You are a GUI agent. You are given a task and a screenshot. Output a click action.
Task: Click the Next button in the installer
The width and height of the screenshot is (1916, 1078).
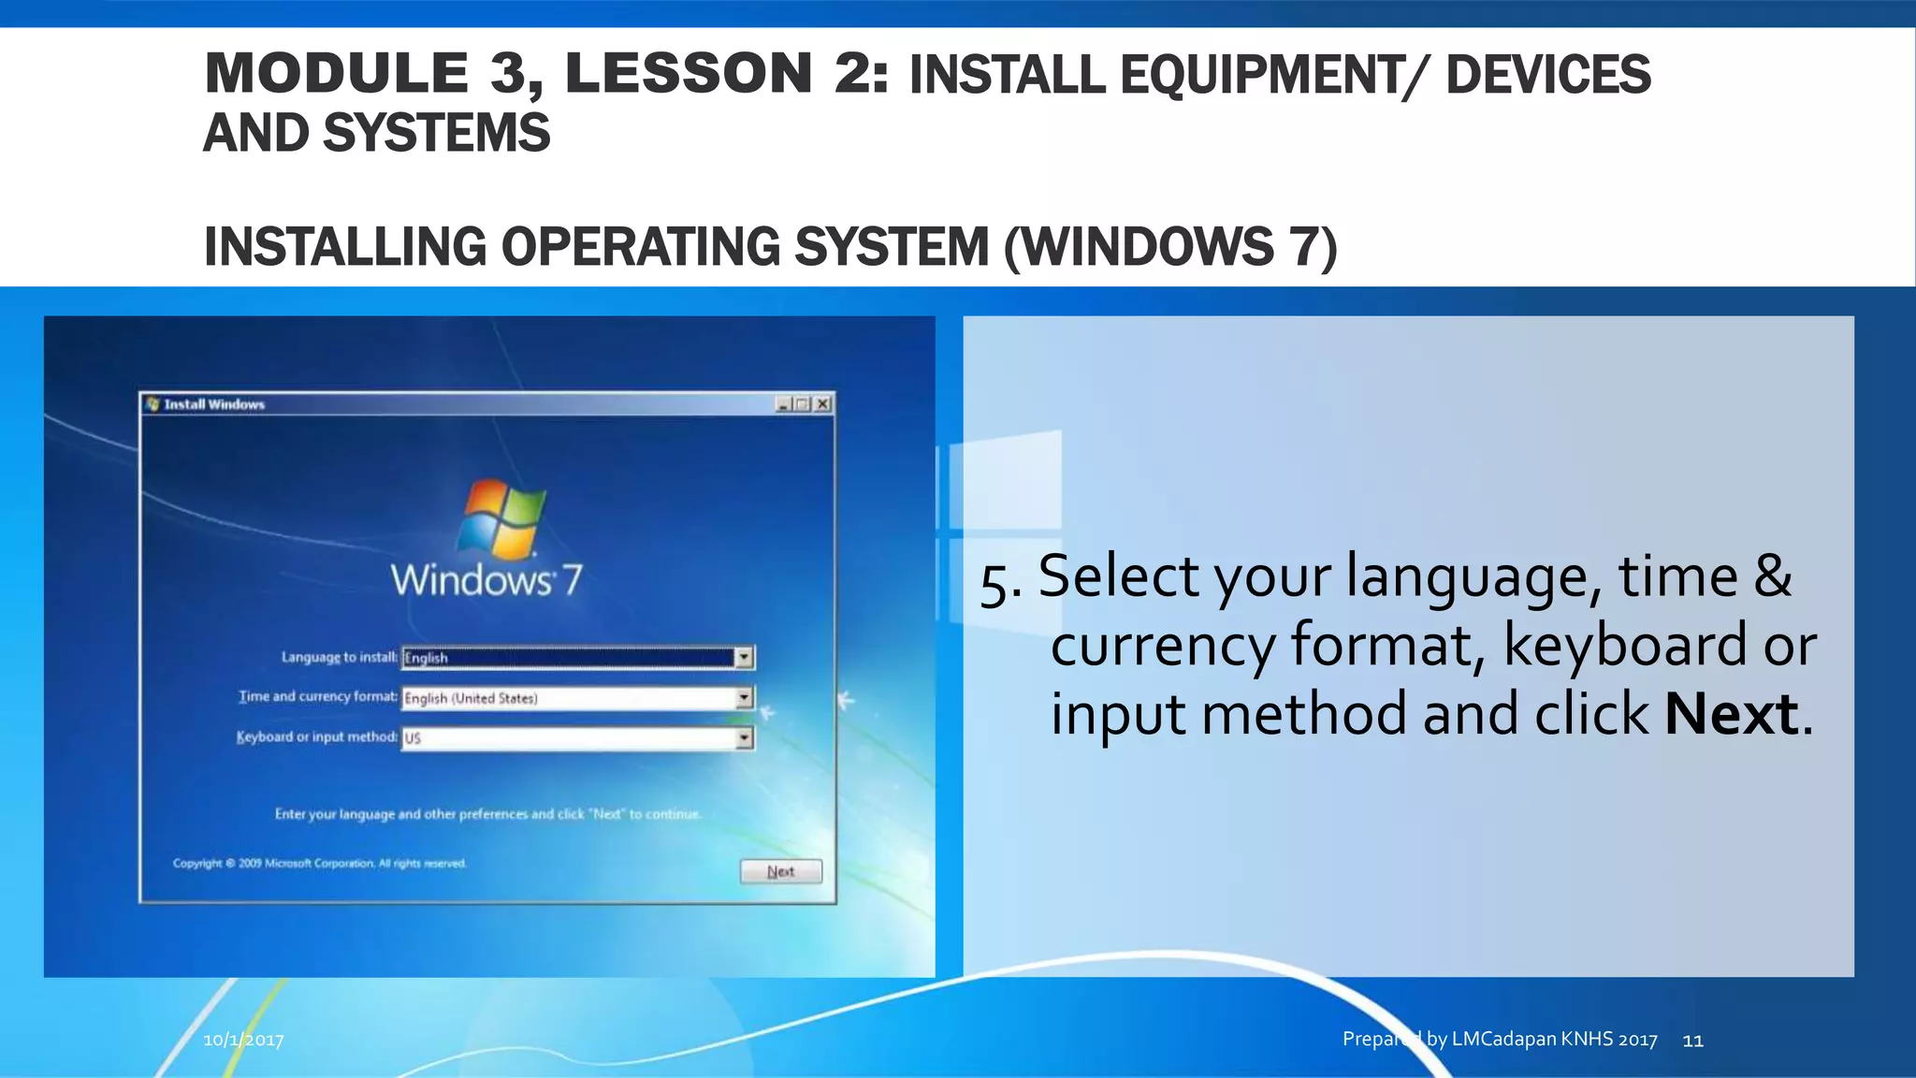tap(780, 871)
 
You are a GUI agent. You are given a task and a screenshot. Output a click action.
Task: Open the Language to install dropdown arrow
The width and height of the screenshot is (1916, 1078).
tap(744, 658)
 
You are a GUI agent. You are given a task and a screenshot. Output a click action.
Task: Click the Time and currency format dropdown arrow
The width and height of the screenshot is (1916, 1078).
tap(744, 698)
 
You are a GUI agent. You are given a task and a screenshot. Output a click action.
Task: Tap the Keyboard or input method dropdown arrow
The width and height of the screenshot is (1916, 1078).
tap(744, 738)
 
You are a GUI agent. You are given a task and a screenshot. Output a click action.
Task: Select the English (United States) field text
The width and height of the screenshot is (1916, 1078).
tap(471, 698)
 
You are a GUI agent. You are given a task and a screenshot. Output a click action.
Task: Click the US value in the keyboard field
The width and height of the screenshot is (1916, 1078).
tap(413, 738)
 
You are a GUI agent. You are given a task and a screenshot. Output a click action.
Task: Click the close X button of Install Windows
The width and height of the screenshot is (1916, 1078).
tap(822, 404)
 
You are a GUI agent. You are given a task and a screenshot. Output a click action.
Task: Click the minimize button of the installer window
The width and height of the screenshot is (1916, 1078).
tap(783, 404)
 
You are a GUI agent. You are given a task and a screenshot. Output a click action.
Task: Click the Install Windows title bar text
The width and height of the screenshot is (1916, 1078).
tap(214, 404)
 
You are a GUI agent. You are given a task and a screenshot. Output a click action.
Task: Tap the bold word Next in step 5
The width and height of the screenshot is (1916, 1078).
tap(1731, 714)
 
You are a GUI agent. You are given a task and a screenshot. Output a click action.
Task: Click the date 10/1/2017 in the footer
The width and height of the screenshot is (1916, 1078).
tap(243, 1040)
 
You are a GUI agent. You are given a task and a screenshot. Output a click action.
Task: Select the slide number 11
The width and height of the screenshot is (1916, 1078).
tap(1692, 1040)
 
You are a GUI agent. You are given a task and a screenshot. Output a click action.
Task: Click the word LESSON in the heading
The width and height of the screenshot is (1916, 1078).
tap(689, 73)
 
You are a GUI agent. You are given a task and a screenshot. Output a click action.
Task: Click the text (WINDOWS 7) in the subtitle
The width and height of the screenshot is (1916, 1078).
tap(1169, 247)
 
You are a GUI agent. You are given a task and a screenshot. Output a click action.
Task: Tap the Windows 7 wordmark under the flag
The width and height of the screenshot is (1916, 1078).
tap(486, 580)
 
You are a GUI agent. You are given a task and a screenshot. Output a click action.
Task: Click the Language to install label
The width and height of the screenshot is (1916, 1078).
tap(339, 657)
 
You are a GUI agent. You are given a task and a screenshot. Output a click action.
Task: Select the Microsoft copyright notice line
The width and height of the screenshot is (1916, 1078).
tap(319, 863)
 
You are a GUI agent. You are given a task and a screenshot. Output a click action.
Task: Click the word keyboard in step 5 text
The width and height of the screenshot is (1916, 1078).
tap(1624, 645)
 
